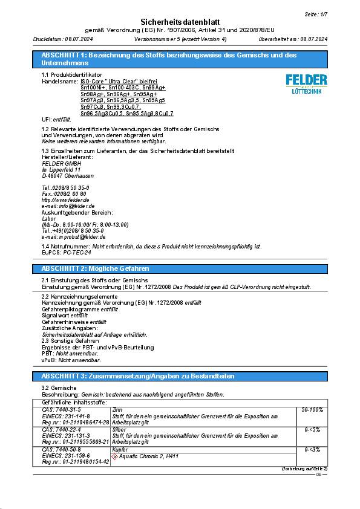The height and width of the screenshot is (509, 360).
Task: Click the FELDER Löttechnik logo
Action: point(306,83)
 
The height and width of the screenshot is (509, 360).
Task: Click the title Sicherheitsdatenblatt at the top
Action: point(180,21)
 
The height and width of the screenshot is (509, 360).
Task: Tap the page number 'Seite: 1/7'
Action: point(316,13)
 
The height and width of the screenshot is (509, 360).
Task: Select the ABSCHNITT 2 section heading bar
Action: point(180,268)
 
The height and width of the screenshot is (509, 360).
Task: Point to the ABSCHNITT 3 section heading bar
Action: point(180,376)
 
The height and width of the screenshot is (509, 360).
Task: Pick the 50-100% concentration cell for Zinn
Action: point(312,409)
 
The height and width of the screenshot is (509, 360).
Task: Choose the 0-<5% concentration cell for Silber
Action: point(312,429)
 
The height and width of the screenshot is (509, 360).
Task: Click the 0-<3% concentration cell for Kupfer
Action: point(312,449)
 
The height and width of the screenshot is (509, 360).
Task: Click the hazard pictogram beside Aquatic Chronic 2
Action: point(116,456)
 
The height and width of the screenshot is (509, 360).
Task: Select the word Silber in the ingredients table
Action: point(119,429)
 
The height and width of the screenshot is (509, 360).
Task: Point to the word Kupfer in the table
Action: point(120,449)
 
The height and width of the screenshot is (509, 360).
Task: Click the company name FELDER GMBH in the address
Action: point(62,163)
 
